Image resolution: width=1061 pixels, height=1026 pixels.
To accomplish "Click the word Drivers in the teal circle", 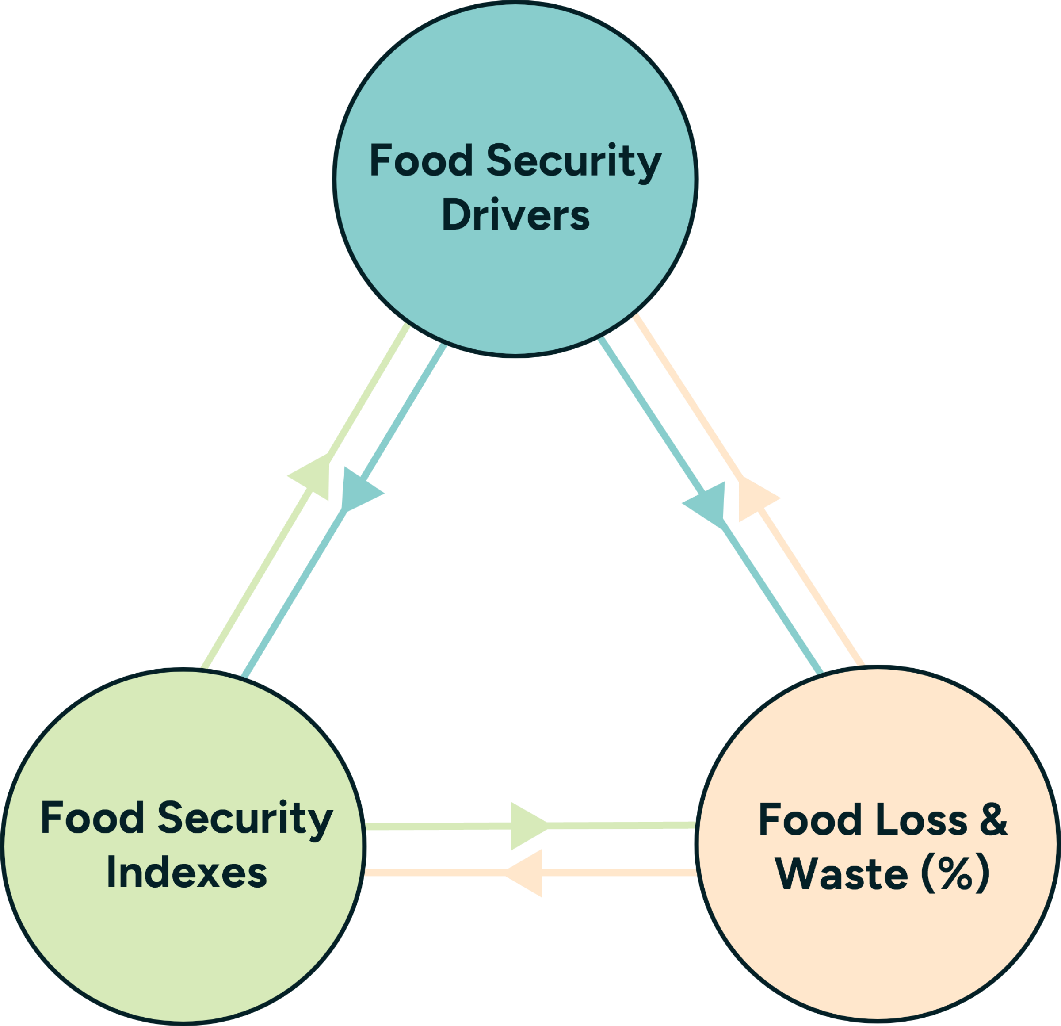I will (515, 216).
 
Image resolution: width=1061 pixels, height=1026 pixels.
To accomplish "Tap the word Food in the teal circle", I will (421, 161).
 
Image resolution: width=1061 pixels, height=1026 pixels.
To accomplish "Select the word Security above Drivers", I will (574, 162).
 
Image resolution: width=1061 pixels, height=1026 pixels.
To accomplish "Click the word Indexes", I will (187, 873).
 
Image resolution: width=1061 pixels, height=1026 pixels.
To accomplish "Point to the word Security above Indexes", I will (245, 819).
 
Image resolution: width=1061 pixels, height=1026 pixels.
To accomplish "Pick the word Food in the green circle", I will (92, 818).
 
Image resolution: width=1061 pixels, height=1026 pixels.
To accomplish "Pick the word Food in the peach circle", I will (810, 820).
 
